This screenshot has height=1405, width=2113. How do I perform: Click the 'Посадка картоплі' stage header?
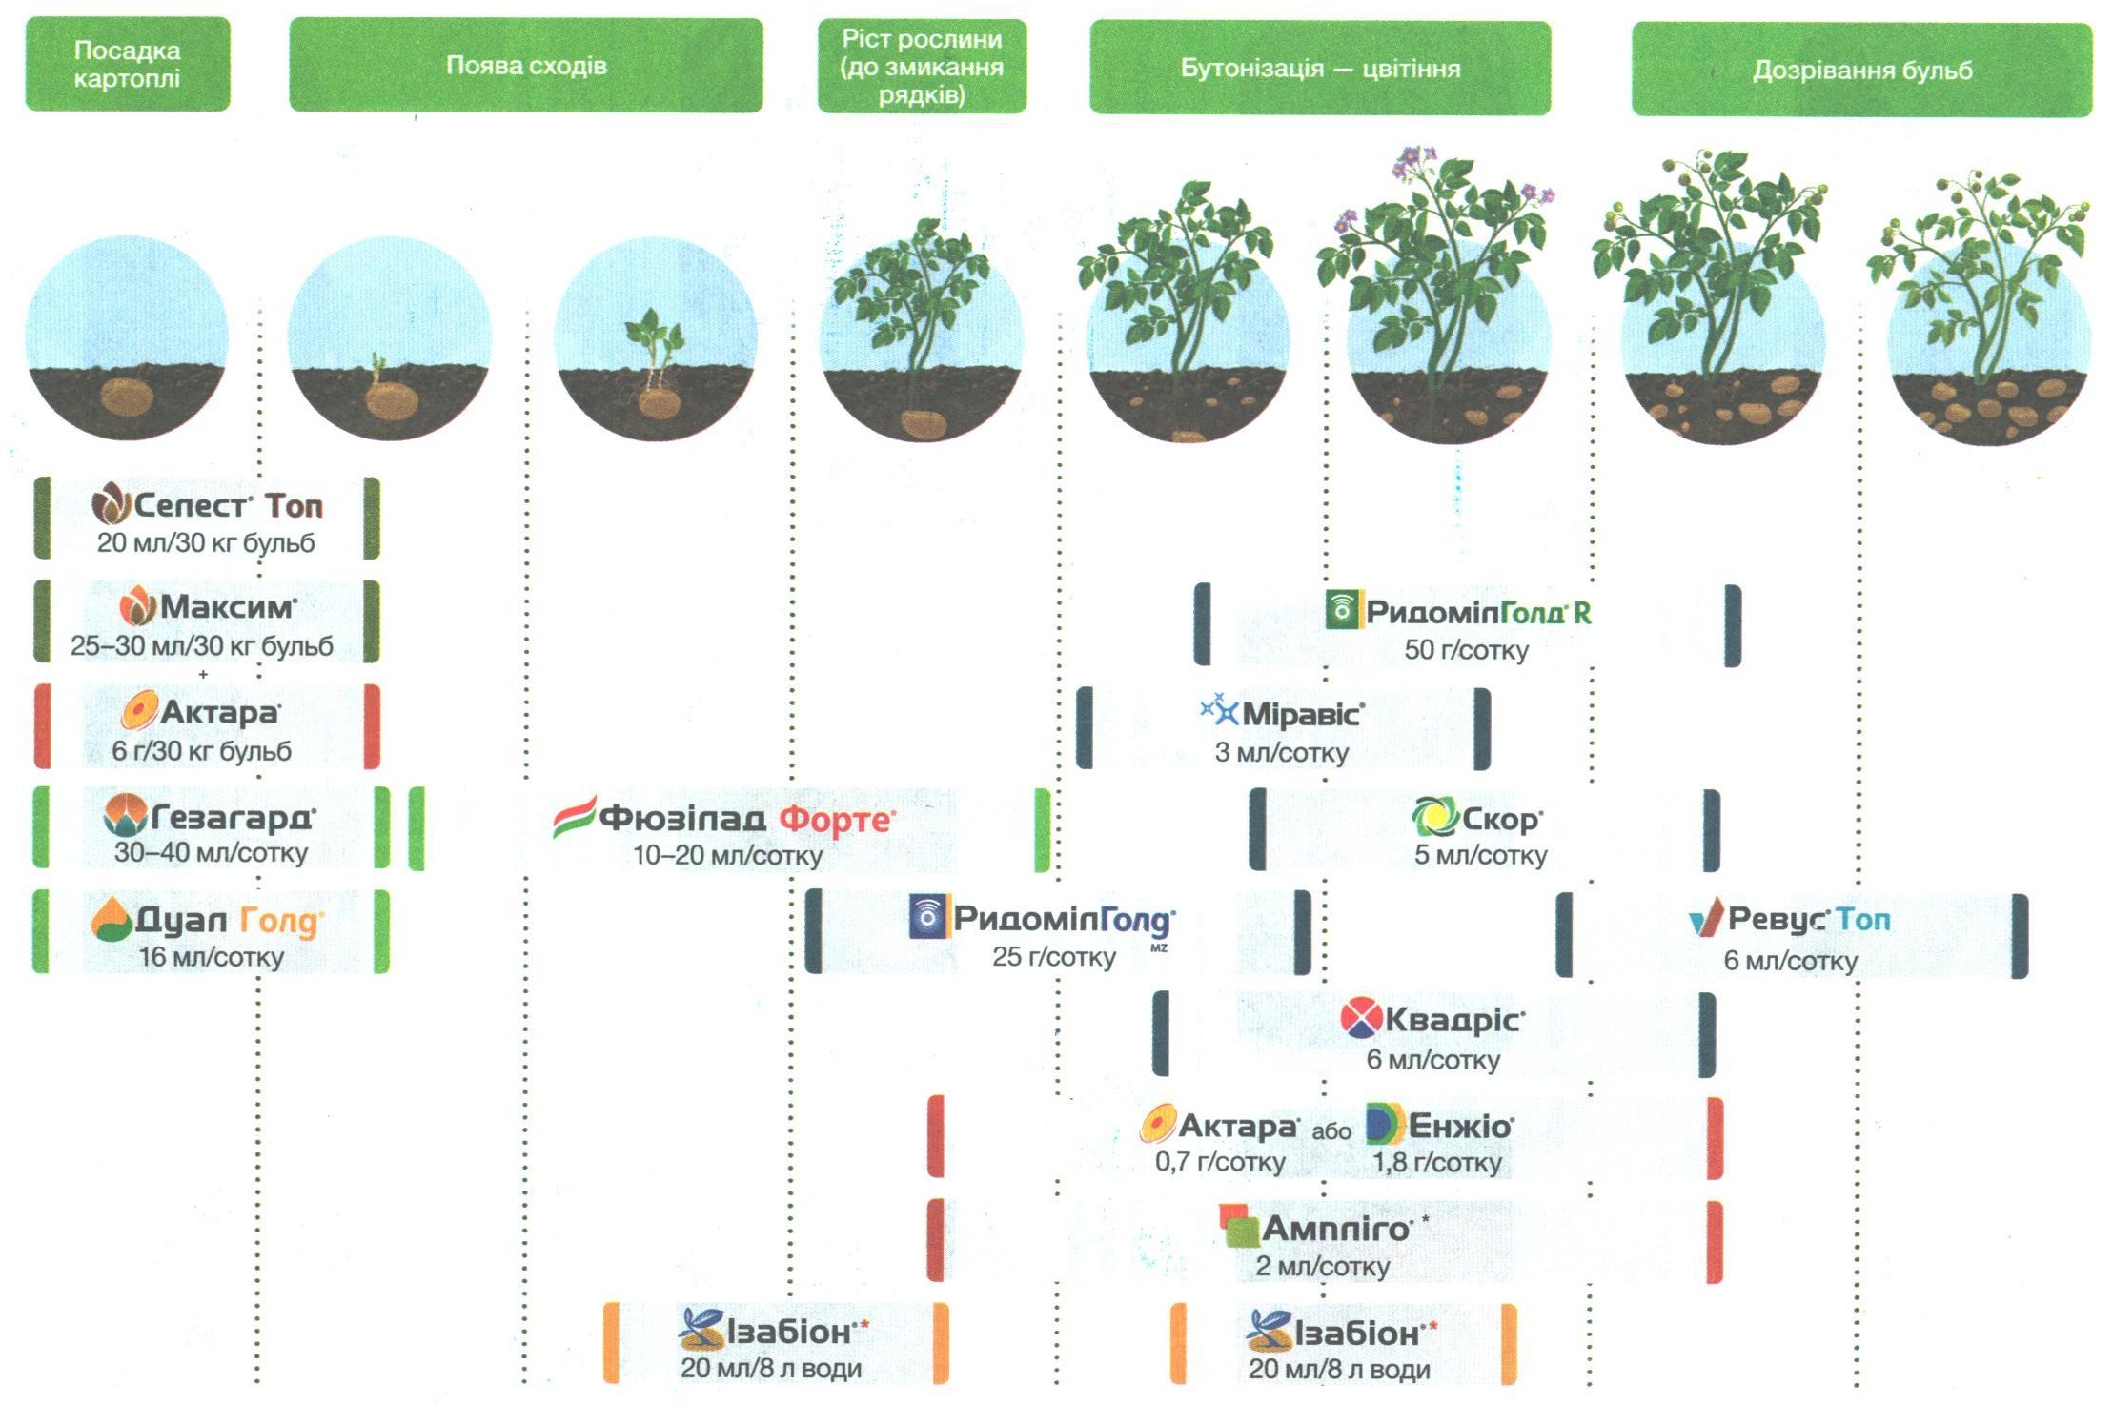pyautogui.click(x=128, y=64)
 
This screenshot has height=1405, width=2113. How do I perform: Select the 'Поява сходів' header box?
pyautogui.click(x=526, y=66)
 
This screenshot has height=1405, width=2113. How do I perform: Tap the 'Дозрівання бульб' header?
pyautogui.click(x=1861, y=71)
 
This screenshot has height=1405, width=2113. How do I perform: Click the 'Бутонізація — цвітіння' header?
pyautogui.click(x=1320, y=69)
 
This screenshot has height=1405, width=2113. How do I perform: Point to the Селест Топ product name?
pyautogui.click(x=229, y=505)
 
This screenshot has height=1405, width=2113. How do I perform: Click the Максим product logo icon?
pyautogui.click(x=138, y=606)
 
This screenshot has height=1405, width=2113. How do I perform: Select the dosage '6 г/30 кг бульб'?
pyautogui.click(x=202, y=751)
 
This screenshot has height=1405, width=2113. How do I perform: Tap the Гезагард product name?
pyautogui.click(x=234, y=817)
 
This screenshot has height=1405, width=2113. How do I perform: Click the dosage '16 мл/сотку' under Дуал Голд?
pyautogui.click(x=212, y=957)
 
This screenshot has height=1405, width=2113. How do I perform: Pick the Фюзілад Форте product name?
pyautogui.click(x=747, y=819)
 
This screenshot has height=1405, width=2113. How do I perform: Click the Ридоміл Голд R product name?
pyautogui.click(x=1478, y=612)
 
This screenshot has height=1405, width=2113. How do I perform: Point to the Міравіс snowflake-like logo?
pyautogui.click(x=1219, y=710)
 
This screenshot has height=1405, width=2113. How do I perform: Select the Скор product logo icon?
pyautogui.click(x=1434, y=817)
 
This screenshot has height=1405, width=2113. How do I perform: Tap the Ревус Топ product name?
pyautogui.click(x=1809, y=919)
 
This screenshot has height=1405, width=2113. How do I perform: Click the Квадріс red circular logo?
pyautogui.click(x=1360, y=1018)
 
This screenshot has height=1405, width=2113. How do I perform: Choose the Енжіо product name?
pyautogui.click(x=1460, y=1126)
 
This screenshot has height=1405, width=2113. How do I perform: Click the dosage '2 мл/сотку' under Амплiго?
pyautogui.click(x=1322, y=1267)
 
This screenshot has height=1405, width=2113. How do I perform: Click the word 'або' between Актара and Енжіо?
pyautogui.click(x=1331, y=1131)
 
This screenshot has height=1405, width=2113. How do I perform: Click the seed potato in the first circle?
pyautogui.click(x=127, y=397)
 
